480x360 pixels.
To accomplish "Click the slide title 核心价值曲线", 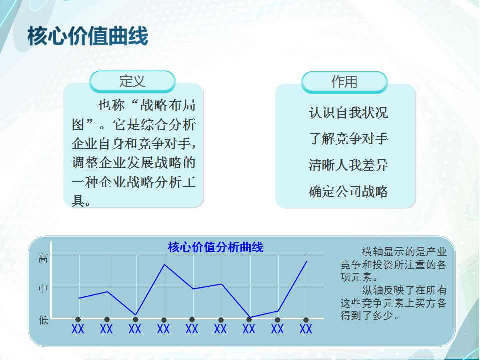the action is [88, 36].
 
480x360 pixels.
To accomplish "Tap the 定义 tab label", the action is [132, 81].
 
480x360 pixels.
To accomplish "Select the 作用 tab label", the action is [344, 81].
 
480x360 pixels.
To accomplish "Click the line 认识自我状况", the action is [348, 112].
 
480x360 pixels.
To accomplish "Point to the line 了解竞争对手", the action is [348, 139].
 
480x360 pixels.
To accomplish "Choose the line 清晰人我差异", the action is [348, 165].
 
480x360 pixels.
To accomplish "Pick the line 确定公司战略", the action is [348, 192].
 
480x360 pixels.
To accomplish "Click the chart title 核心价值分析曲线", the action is [216, 247].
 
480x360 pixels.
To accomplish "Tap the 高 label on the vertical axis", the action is [43, 258].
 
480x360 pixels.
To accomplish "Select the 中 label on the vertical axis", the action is [43, 288].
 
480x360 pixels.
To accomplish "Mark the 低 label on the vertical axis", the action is [43, 320].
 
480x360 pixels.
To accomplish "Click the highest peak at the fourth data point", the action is [164, 265].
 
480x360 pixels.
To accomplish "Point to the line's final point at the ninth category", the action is [307, 261].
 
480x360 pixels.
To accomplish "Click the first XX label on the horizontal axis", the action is [78, 329].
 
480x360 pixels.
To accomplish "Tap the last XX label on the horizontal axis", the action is [306, 329].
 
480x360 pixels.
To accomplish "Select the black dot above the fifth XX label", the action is [192, 320].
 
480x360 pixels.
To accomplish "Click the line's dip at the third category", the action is [135, 314].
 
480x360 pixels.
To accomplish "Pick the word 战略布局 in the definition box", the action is [168, 105].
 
